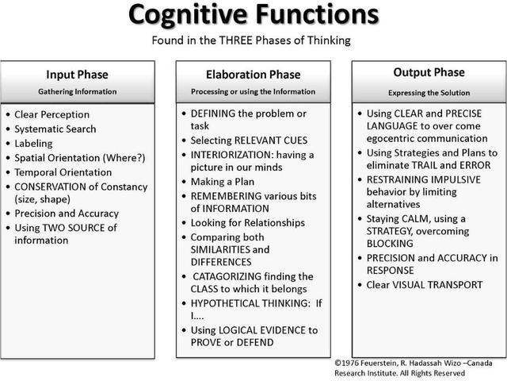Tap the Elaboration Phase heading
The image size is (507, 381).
click(x=252, y=75)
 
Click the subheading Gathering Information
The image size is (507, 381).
click(x=78, y=91)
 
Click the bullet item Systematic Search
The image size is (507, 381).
click(x=55, y=129)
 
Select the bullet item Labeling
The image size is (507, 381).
click(x=33, y=144)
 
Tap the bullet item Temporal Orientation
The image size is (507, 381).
click(x=63, y=172)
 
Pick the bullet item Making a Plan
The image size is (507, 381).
click(x=222, y=182)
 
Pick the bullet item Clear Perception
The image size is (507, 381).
click(x=52, y=115)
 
